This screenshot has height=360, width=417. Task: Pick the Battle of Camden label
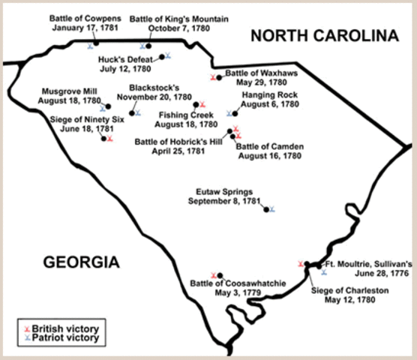[268, 151]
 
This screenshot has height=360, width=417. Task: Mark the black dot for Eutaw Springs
[265, 207]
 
